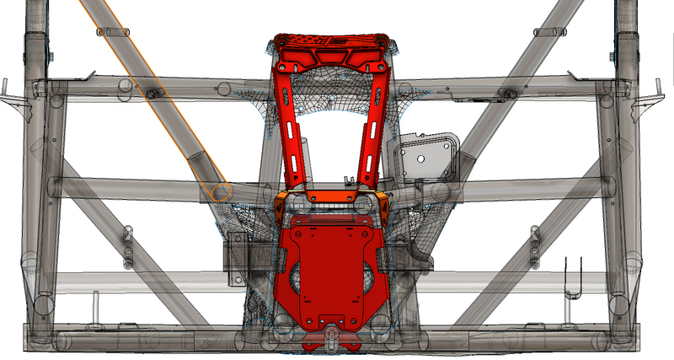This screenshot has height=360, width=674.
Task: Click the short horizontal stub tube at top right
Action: [548, 32]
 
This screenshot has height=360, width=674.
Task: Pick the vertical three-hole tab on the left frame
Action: [128, 244]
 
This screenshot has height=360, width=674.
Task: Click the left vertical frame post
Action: [39, 169]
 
